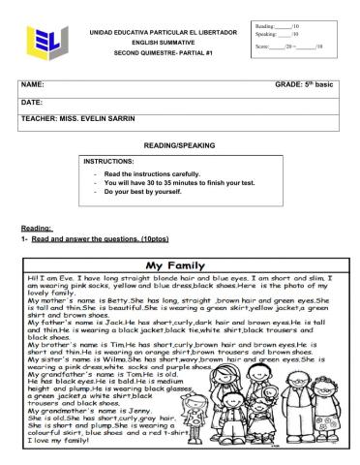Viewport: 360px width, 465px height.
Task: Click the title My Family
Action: [x=178, y=263]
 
